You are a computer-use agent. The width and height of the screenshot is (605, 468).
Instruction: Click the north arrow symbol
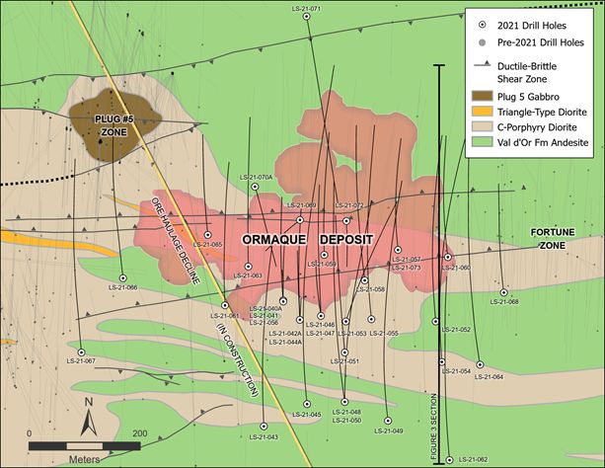coord(89,419)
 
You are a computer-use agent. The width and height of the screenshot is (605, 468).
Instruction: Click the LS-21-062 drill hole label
coord(471,460)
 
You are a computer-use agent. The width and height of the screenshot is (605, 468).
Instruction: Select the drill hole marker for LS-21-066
coord(122,277)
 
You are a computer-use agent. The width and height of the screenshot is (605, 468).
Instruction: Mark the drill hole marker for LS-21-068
coord(503,291)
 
